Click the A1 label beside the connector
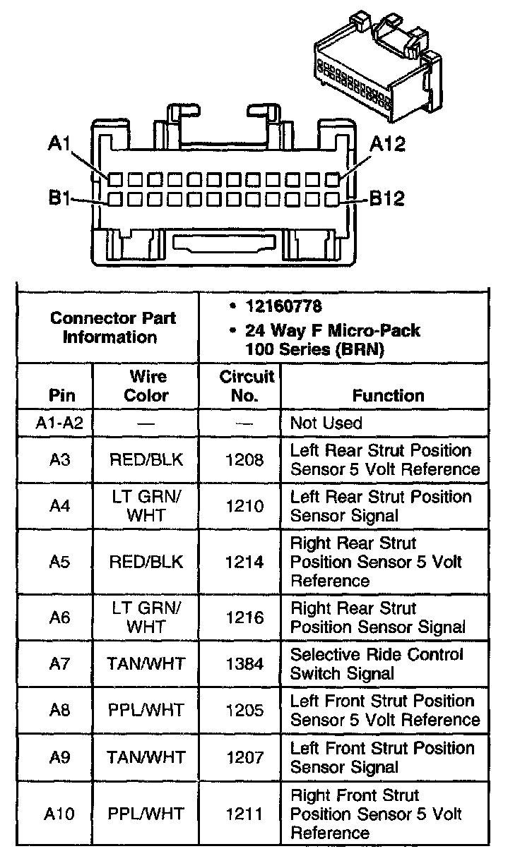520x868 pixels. point(59,144)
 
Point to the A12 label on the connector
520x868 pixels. point(387,144)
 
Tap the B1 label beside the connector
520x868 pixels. point(59,199)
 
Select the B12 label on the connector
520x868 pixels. point(387,199)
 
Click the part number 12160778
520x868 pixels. point(283,307)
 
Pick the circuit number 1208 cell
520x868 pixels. point(244,460)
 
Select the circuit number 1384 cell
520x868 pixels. point(244,664)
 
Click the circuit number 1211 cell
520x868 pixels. point(244,814)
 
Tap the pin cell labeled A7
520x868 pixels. point(59,664)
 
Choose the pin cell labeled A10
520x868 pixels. point(59,814)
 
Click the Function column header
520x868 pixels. point(388,396)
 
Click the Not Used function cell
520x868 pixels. point(326,423)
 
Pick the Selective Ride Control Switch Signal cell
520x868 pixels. point(377,664)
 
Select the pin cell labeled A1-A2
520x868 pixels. point(59,423)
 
